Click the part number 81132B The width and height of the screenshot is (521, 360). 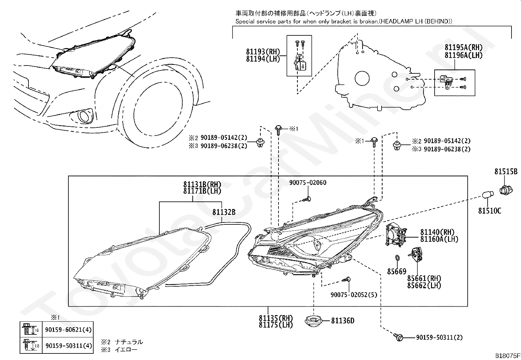[224, 212]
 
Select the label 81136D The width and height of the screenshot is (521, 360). [343, 321]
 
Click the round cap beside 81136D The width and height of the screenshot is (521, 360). [314, 321]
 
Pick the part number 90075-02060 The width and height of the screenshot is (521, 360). [308, 182]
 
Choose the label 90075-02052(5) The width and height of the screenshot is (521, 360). [354, 295]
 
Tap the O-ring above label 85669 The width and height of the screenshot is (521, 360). [397, 258]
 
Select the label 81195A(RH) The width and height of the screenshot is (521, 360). [463, 47]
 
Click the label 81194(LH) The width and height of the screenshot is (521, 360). [263, 59]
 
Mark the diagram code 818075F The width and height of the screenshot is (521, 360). [507, 356]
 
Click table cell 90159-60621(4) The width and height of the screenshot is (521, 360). [68, 330]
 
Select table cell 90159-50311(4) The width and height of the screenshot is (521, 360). [68, 346]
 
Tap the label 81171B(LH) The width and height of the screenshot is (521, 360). [202, 191]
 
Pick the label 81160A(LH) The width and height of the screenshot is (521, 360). [439, 239]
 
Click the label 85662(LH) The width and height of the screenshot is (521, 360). [424, 286]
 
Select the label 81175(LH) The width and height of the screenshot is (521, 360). [276, 325]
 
